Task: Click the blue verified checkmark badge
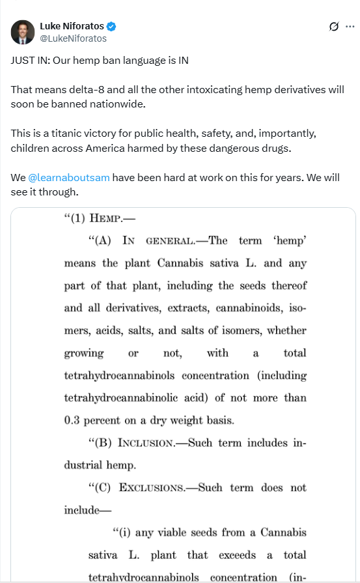[x=112, y=27]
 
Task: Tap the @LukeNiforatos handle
[x=73, y=38]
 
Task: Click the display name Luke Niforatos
[x=72, y=27]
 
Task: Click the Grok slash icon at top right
[x=333, y=27]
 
